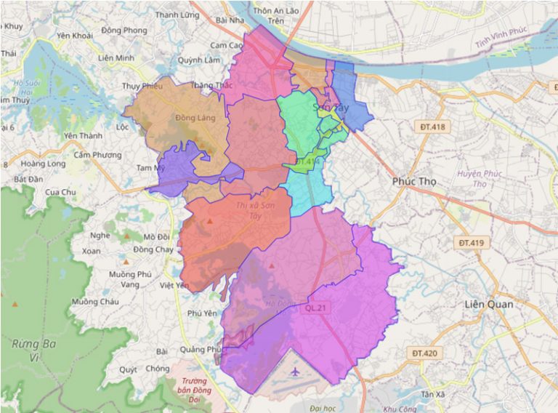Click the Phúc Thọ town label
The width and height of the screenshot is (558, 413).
414,181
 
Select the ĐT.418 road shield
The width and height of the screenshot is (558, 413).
434,127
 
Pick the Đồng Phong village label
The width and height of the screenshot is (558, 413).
124,31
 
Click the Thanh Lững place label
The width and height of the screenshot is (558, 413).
177,15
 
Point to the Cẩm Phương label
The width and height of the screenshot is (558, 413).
97,155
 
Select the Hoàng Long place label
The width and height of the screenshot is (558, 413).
43,164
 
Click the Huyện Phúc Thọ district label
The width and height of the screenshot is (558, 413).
473,179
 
